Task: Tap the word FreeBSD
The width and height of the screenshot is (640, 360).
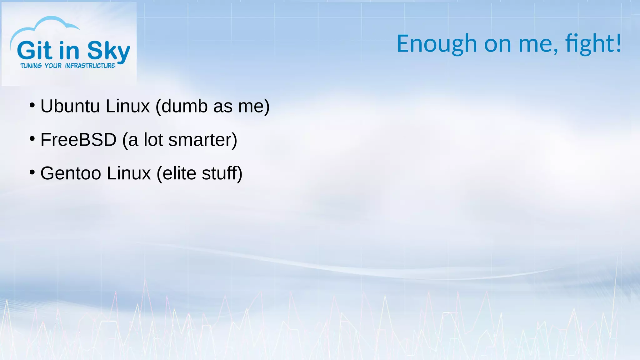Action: coord(78,140)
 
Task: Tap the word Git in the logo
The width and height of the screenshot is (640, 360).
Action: coord(34,51)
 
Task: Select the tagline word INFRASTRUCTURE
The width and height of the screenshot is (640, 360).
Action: coord(90,66)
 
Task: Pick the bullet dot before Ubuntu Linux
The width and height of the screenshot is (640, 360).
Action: coord(32,105)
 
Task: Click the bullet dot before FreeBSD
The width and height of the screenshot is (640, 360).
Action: coord(32,139)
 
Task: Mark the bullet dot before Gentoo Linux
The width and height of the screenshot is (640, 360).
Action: coord(32,172)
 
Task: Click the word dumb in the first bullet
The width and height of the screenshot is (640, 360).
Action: coord(184,106)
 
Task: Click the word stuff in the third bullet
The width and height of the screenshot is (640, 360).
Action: coord(219,173)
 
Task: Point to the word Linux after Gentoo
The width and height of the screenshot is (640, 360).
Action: coord(128,173)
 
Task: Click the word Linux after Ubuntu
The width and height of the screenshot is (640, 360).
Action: coord(127,106)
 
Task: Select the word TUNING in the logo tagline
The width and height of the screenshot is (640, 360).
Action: coord(31,66)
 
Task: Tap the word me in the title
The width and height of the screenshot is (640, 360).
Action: coord(536,44)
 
